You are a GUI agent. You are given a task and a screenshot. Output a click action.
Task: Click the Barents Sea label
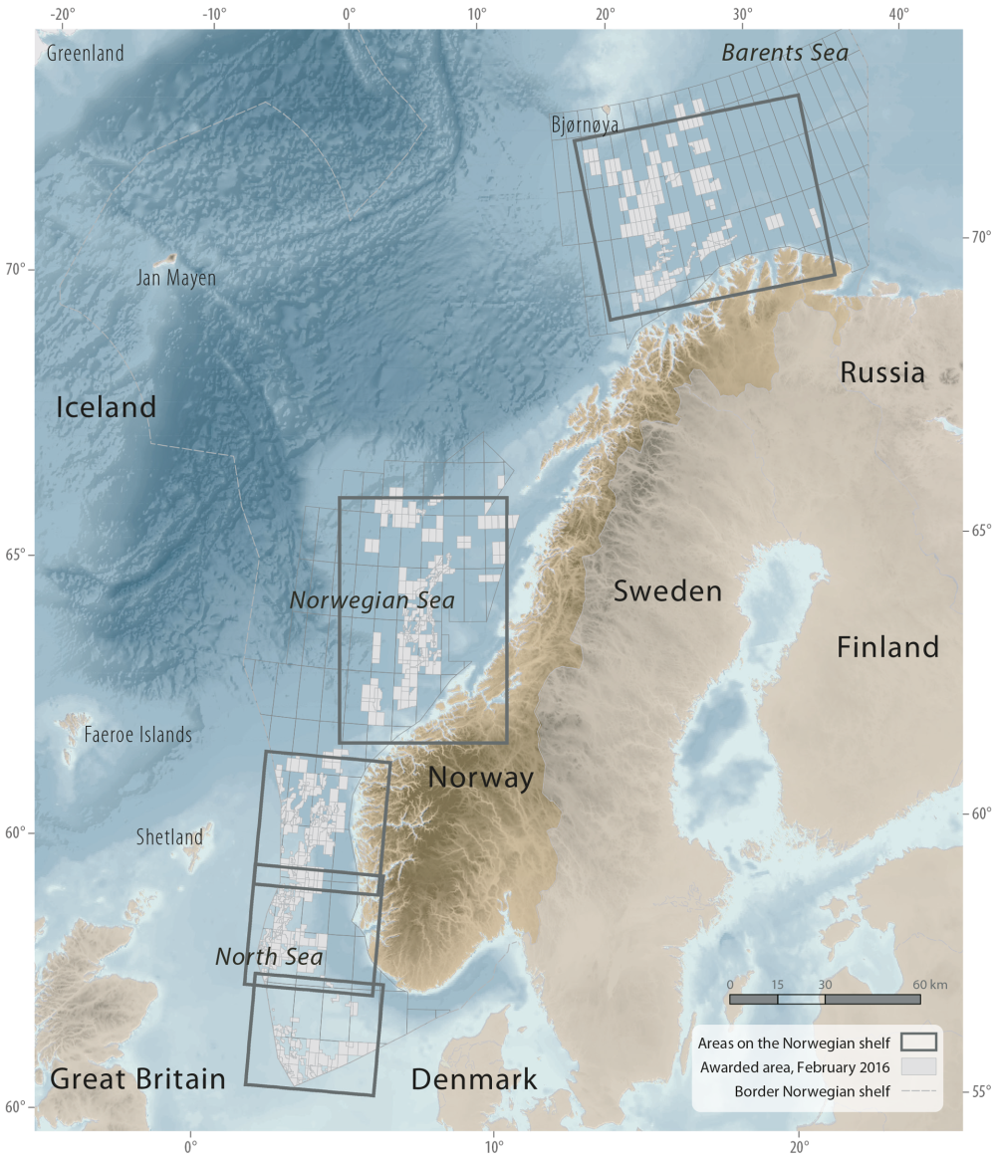pyautogui.click(x=785, y=53)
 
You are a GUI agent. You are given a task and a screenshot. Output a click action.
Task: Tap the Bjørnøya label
pyautogui.click(x=585, y=124)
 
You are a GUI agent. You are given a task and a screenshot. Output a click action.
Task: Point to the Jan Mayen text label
pyautogui.click(x=175, y=278)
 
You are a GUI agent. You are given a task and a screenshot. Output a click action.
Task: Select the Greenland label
pyautogui.click(x=86, y=53)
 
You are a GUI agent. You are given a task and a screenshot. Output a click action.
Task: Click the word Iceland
pyautogui.click(x=106, y=406)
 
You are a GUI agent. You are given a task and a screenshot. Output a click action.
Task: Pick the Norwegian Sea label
pyautogui.click(x=372, y=600)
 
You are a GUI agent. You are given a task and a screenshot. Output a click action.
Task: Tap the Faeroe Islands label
pyautogui.click(x=137, y=735)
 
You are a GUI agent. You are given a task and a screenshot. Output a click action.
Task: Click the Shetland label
pyautogui.click(x=169, y=836)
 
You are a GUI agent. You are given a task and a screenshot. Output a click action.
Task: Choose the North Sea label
pyautogui.click(x=269, y=957)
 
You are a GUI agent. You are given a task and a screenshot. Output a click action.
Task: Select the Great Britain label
pyautogui.click(x=137, y=1078)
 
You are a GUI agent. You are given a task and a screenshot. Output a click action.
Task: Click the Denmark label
pyautogui.click(x=473, y=1079)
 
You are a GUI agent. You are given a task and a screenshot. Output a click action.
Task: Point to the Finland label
pyautogui.click(x=887, y=647)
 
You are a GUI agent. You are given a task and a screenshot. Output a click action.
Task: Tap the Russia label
pyautogui.click(x=881, y=372)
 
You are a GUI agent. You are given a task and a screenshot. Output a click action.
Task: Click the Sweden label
pyautogui.click(x=667, y=591)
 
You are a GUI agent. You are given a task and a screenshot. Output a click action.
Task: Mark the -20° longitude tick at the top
pyautogui.click(x=62, y=15)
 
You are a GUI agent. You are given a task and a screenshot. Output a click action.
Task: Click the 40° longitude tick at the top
pyautogui.click(x=898, y=15)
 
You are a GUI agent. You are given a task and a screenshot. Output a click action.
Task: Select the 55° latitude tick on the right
pyautogui.click(x=980, y=1091)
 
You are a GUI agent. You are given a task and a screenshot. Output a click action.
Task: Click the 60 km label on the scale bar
pyautogui.click(x=930, y=985)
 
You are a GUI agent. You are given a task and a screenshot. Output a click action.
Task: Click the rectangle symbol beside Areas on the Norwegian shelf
pyautogui.click(x=918, y=1043)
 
